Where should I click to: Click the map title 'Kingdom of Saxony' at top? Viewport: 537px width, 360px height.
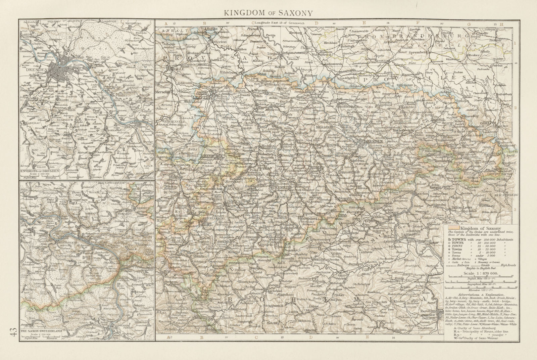(268, 13)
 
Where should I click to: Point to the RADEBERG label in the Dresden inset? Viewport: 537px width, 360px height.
(141, 24)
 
